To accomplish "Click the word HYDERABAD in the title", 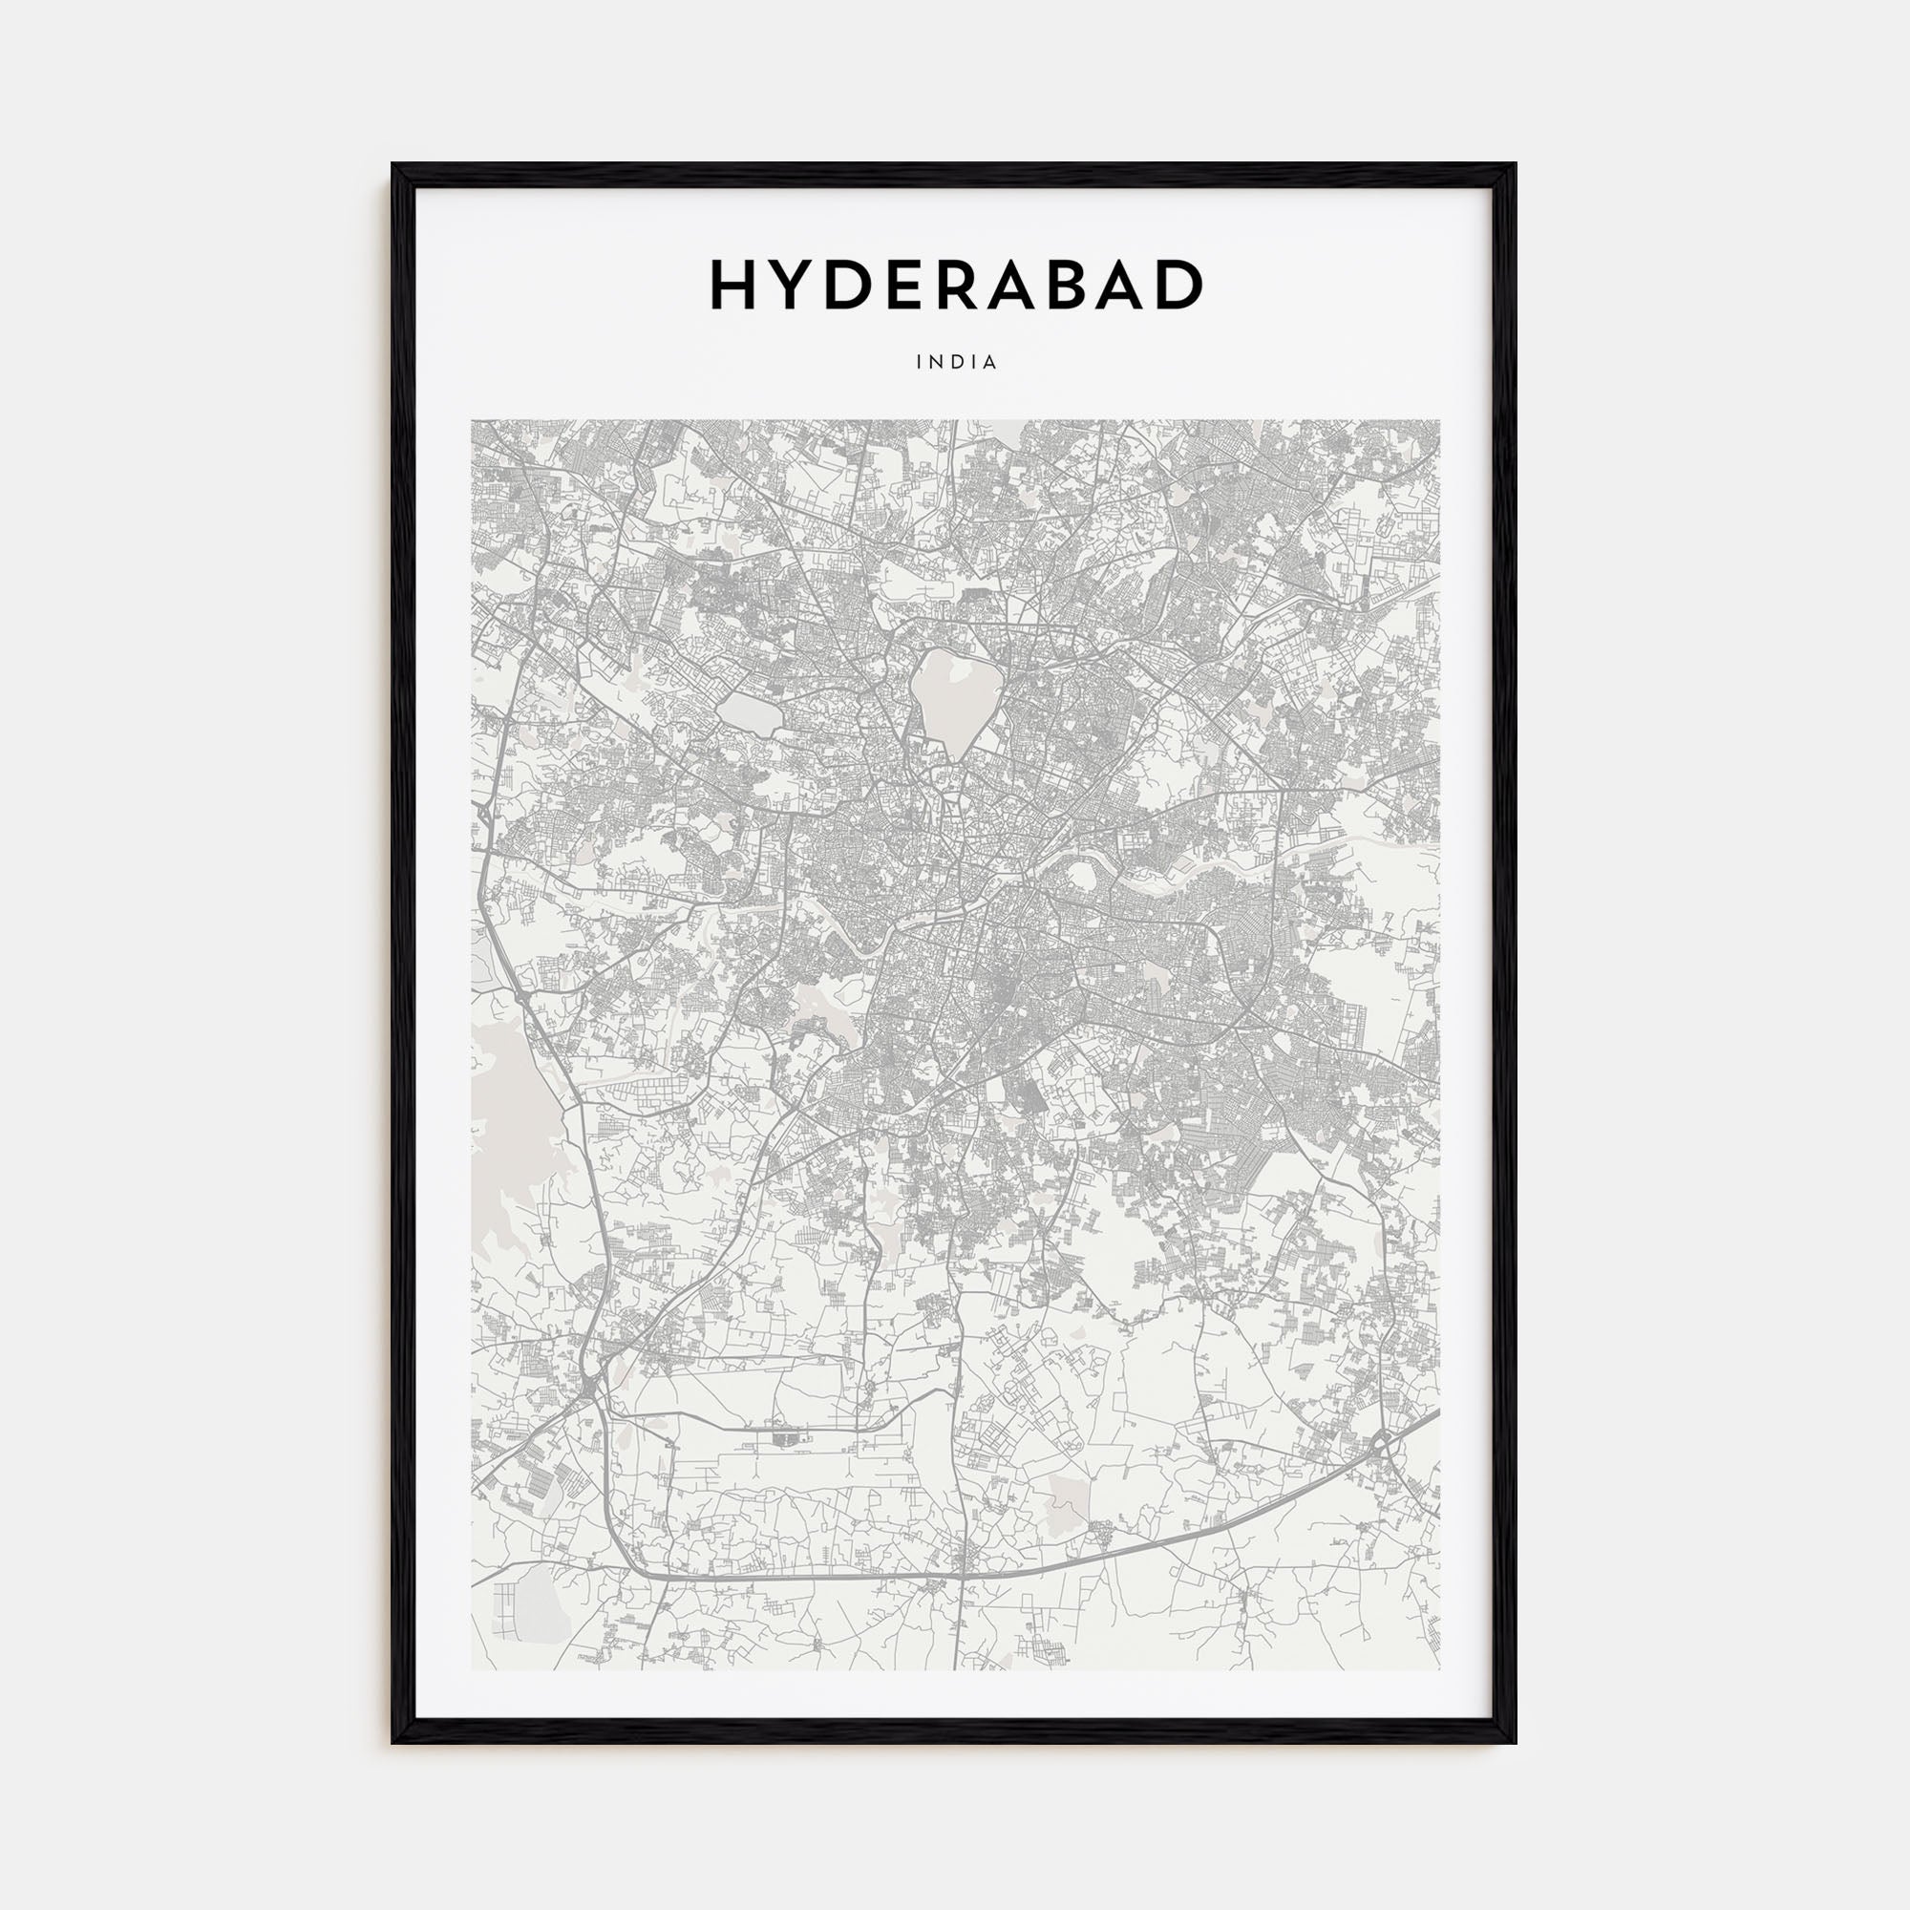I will (x=955, y=286).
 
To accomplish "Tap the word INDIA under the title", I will (x=956, y=363).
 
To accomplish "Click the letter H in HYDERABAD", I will (x=733, y=286).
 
